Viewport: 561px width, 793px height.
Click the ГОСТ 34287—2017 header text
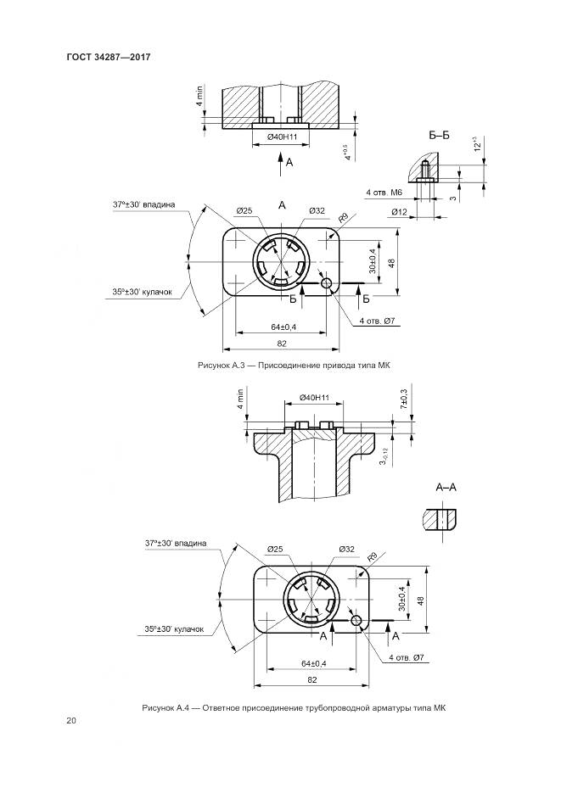[109, 57]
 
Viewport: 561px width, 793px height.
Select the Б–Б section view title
[439, 136]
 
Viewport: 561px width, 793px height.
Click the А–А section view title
[446, 488]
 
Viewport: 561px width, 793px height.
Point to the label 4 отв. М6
[384, 193]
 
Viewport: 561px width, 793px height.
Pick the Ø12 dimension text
[399, 212]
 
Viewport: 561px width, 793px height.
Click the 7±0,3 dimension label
[404, 399]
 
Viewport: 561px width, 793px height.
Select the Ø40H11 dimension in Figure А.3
[281, 137]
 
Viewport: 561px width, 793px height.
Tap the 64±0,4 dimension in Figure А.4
[314, 663]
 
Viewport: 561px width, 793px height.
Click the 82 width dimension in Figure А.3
[282, 343]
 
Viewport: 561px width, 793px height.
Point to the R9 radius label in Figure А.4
[373, 557]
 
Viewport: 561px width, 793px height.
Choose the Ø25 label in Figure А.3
[244, 211]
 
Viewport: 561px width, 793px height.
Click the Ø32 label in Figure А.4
[346, 549]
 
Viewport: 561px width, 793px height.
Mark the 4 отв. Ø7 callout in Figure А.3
[377, 321]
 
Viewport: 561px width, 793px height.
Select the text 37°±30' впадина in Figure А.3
[143, 205]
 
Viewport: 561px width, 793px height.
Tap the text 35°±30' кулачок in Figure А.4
[174, 629]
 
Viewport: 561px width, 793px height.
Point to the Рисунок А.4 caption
[294, 708]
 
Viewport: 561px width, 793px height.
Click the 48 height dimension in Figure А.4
[420, 600]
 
